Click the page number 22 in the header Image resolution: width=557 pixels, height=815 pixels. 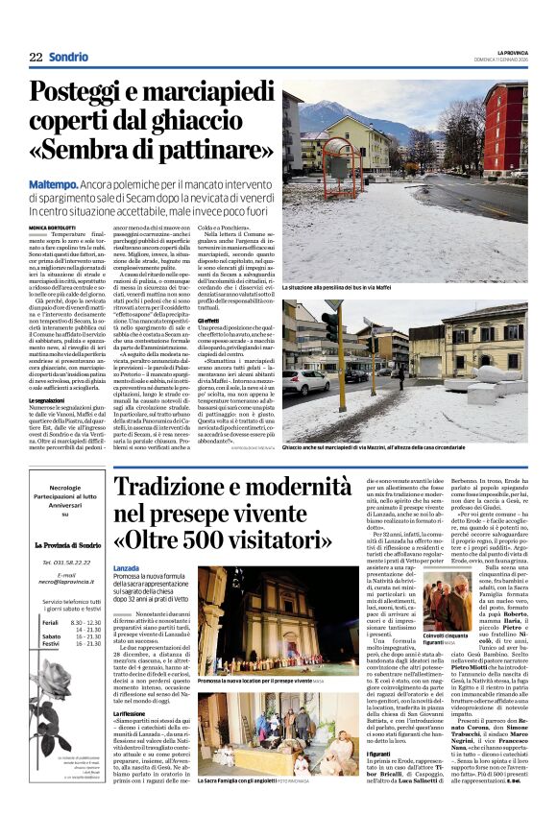(x=36, y=58)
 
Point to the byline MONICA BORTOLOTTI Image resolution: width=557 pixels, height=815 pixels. (x=56, y=227)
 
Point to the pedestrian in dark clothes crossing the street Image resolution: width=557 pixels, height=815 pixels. (x=401, y=375)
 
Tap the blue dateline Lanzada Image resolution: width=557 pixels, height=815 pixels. (x=131, y=569)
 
